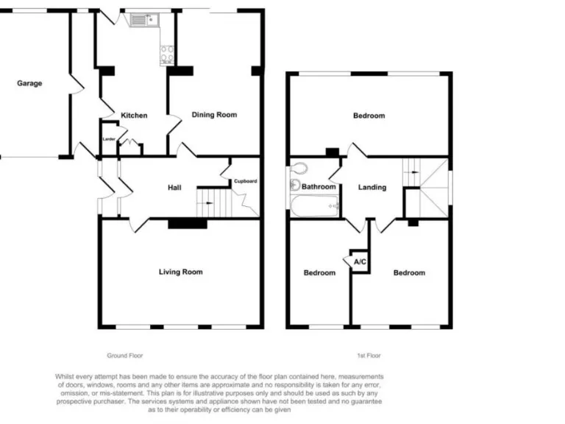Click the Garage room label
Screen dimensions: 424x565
pyautogui.click(x=29, y=83)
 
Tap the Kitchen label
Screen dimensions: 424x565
pyautogui.click(x=134, y=116)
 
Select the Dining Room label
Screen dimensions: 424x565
pyautogui.click(x=214, y=115)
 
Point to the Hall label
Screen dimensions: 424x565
pyautogui.click(x=174, y=188)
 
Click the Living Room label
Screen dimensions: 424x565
pyautogui.click(x=180, y=272)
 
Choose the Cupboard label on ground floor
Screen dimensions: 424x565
pyautogui.click(x=245, y=181)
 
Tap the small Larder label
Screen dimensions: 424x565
pyautogui.click(x=109, y=138)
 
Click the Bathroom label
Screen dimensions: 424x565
pyautogui.click(x=319, y=187)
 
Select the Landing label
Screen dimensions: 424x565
pyautogui.click(x=372, y=187)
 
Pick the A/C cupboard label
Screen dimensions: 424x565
pyautogui.click(x=360, y=262)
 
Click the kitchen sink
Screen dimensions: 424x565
pyautogui.click(x=140, y=21)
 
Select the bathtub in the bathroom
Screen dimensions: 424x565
pyautogui.click(x=315, y=206)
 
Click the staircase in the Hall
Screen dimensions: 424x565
pyautogui.click(x=207, y=202)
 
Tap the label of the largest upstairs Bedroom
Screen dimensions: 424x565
pyautogui.click(x=369, y=116)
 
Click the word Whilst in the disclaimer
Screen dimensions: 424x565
pyautogui.click(x=67, y=375)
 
